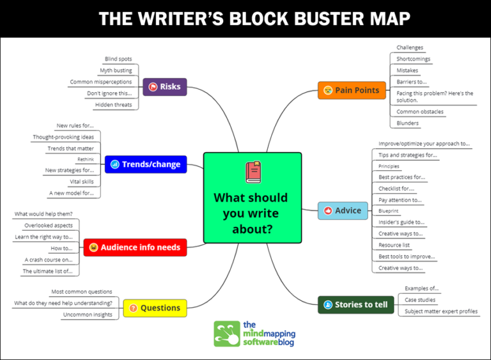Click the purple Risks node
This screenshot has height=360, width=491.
tap(164, 87)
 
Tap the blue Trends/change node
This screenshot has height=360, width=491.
tap(145, 164)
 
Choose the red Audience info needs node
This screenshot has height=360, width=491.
tap(135, 247)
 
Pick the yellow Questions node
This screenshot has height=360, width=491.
tap(155, 308)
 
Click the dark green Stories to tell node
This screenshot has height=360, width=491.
tap(355, 304)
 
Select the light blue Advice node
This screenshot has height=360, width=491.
tap(343, 210)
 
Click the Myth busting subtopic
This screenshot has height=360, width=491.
tap(116, 70)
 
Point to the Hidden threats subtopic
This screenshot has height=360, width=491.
tap(113, 105)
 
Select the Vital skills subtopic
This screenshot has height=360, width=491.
tap(82, 182)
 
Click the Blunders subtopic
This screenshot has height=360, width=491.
tap(407, 123)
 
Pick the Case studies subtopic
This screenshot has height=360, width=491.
tap(420, 300)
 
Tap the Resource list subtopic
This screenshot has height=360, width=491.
tap(394, 245)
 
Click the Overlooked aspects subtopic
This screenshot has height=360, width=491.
tap(49, 225)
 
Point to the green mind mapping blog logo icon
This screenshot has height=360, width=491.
tap(226, 333)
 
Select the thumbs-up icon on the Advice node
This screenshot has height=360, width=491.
tap(329, 210)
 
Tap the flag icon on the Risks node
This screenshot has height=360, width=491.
tap(153, 87)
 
